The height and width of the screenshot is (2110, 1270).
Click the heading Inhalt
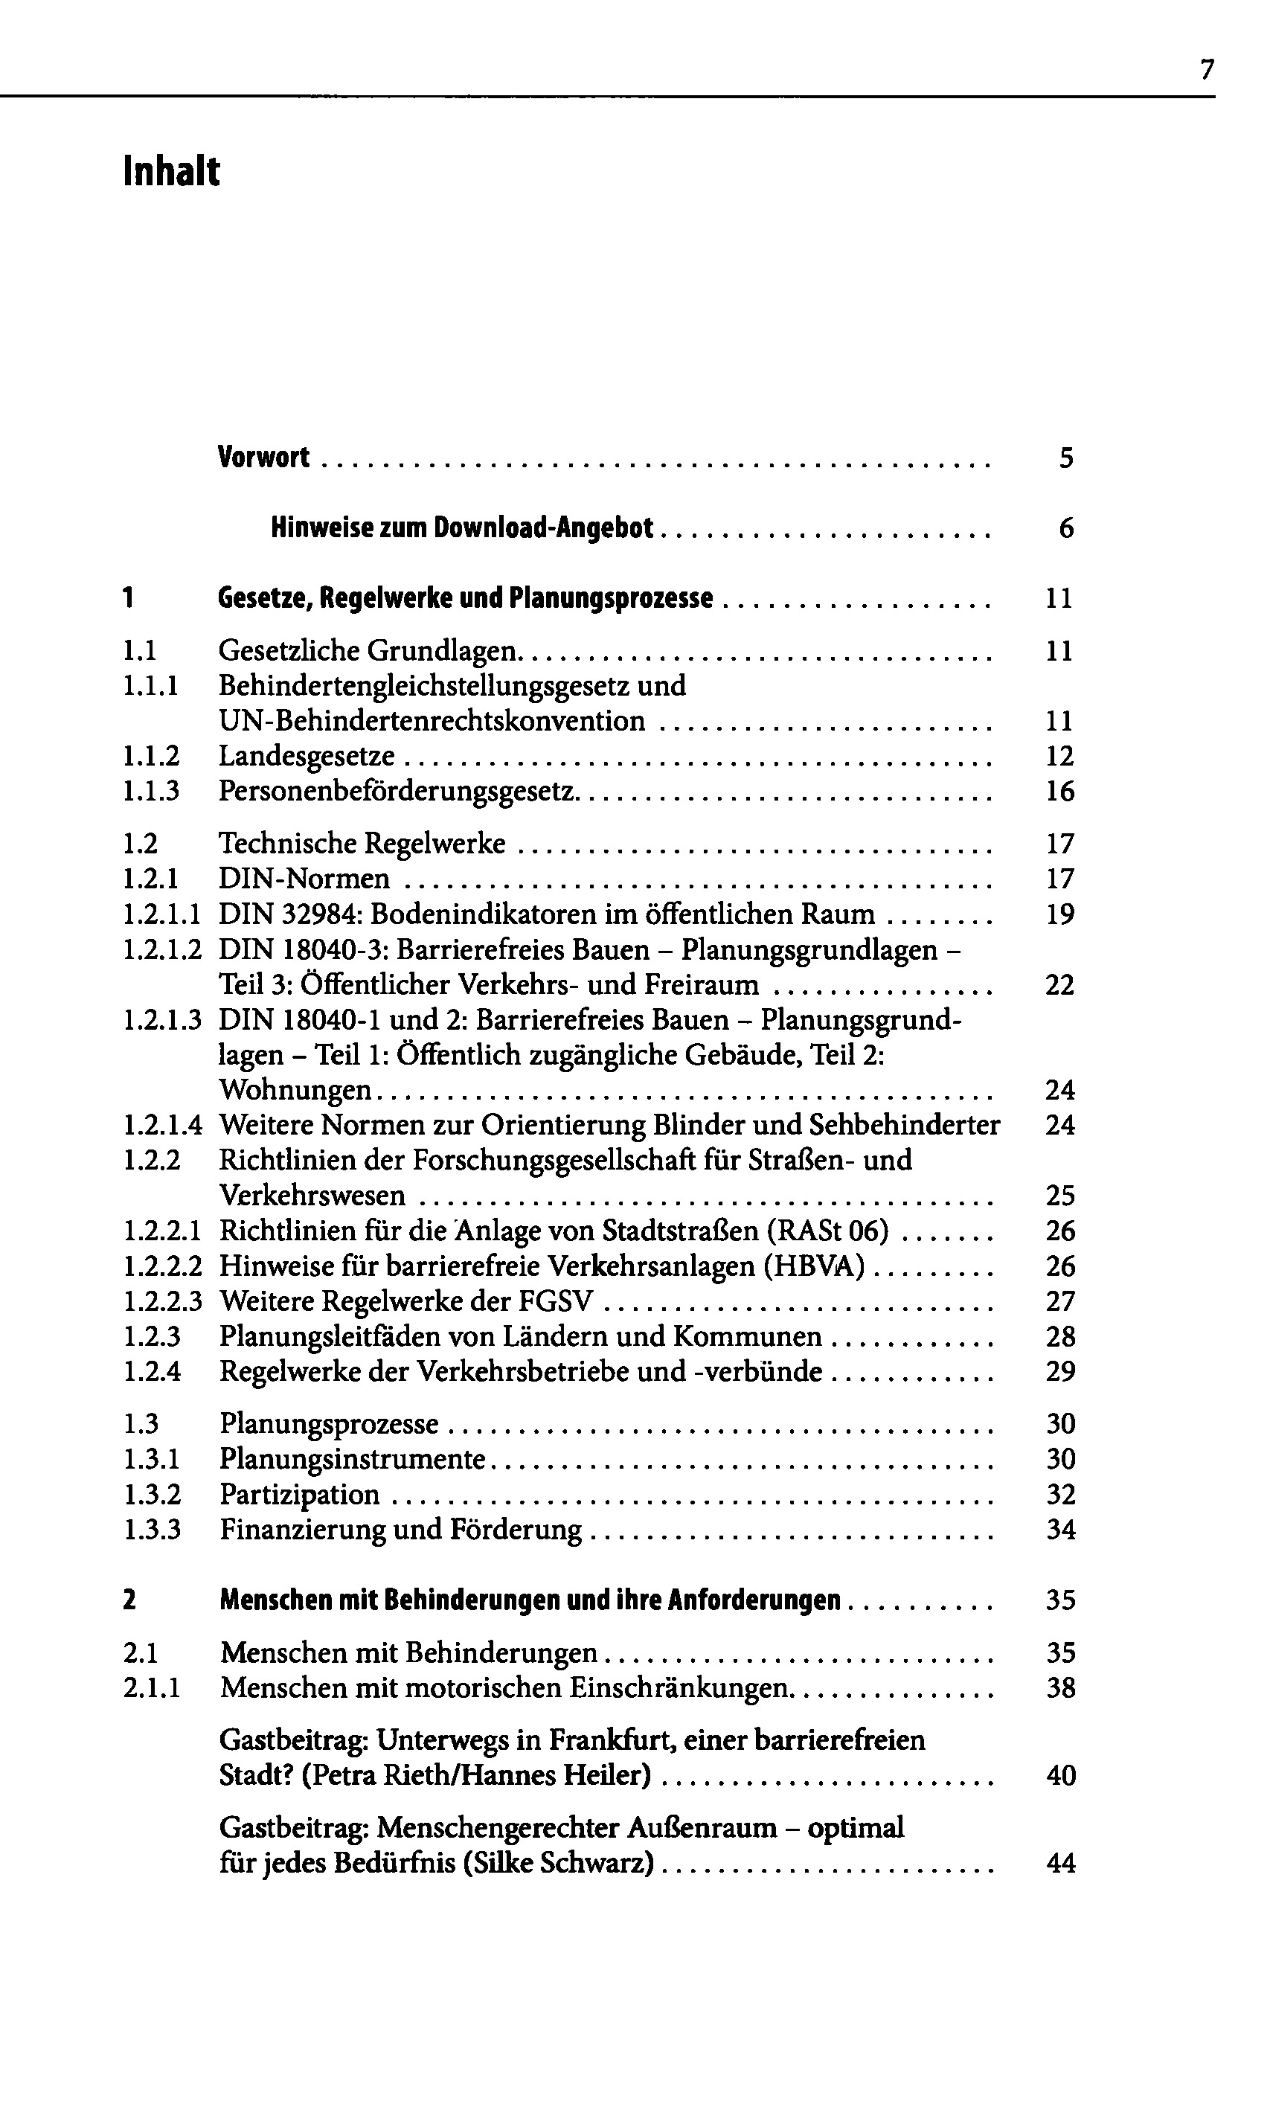point(171,171)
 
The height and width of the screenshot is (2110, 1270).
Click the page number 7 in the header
point(1207,69)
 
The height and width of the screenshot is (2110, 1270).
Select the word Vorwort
point(263,458)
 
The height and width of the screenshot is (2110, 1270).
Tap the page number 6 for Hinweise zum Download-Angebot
point(1065,529)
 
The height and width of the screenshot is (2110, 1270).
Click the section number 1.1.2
point(152,757)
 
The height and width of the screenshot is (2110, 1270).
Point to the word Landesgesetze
point(307,757)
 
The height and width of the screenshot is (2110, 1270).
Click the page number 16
point(1059,792)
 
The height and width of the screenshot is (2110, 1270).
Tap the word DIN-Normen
point(304,879)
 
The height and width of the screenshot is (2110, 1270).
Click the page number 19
point(1059,914)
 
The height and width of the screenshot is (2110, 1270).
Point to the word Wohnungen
point(295,1090)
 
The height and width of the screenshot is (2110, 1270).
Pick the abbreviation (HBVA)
point(813,1266)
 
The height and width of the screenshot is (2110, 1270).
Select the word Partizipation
point(300,1495)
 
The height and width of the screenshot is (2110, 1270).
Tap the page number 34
point(1060,1530)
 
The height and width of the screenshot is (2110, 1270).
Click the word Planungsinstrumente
point(353,1459)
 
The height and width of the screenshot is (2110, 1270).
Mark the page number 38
point(1060,1688)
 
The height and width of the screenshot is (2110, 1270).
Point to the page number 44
point(1060,1864)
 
